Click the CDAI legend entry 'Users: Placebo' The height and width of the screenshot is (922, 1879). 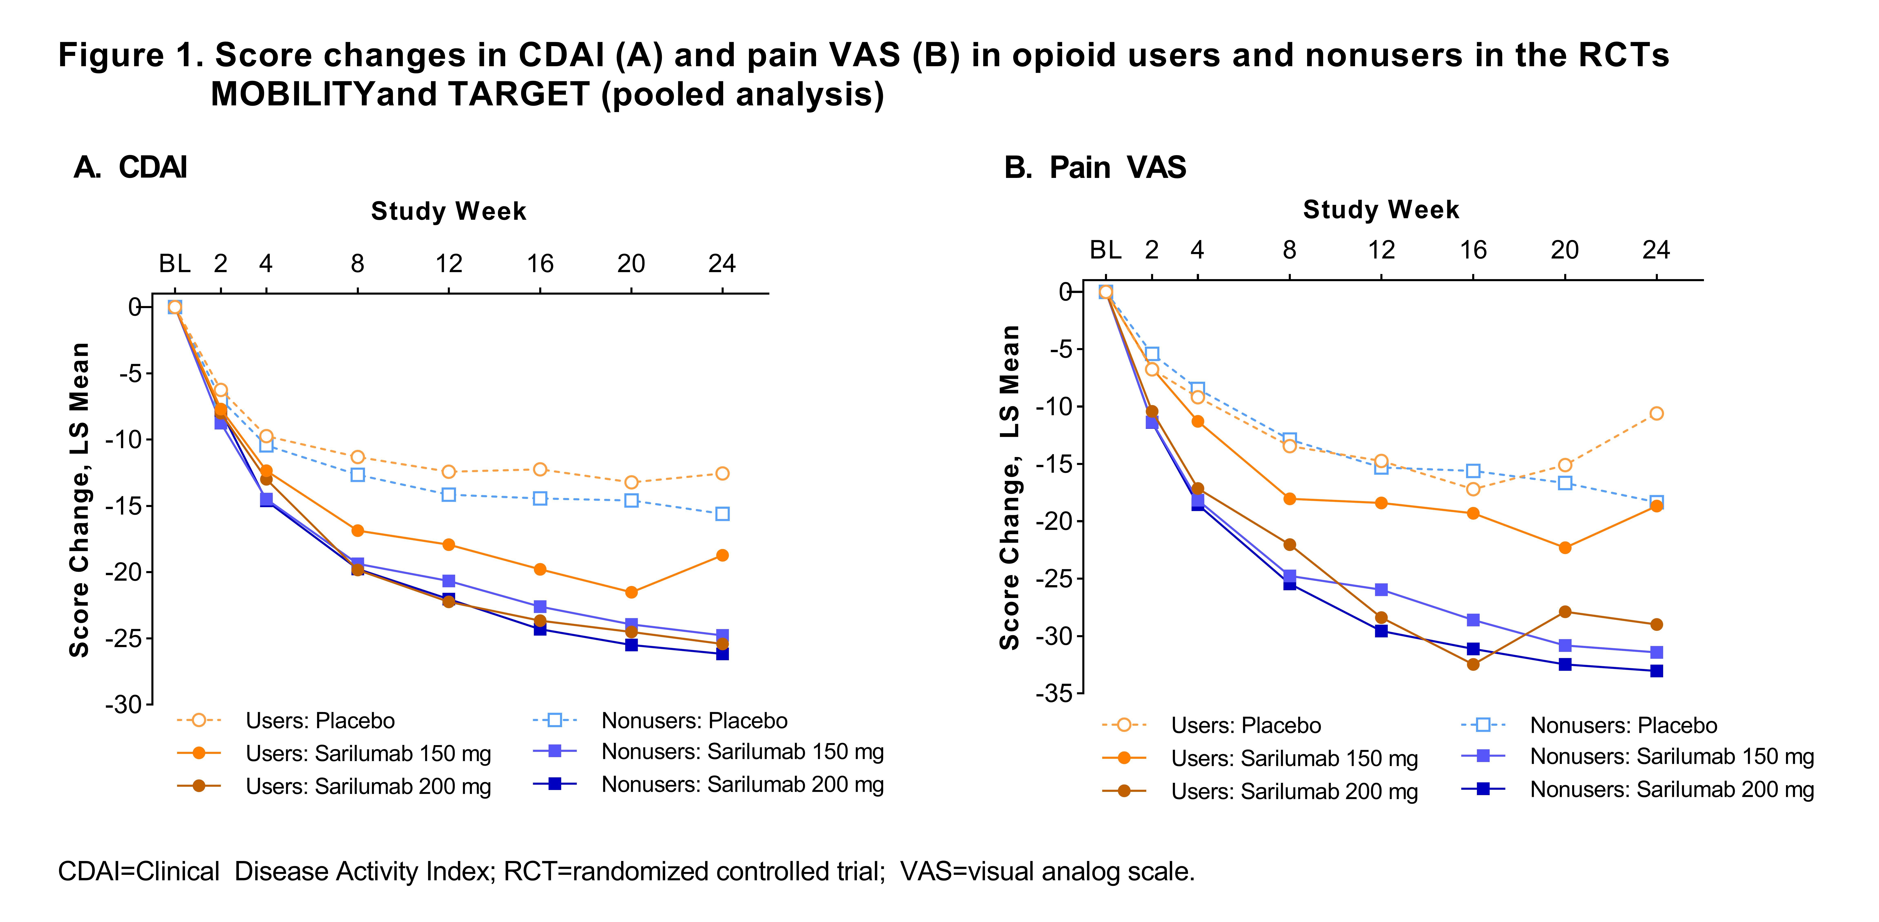pyautogui.click(x=319, y=721)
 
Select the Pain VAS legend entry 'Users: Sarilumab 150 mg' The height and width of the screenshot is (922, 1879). pyautogui.click(x=1294, y=759)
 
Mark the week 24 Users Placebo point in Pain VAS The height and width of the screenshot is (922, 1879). pyautogui.click(x=1657, y=414)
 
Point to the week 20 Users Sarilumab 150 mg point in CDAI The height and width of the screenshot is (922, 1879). pyautogui.click(x=631, y=592)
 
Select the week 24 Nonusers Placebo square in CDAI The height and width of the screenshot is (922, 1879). pyautogui.click(x=722, y=514)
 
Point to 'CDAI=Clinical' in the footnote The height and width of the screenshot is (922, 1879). pyautogui.click(x=139, y=872)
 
